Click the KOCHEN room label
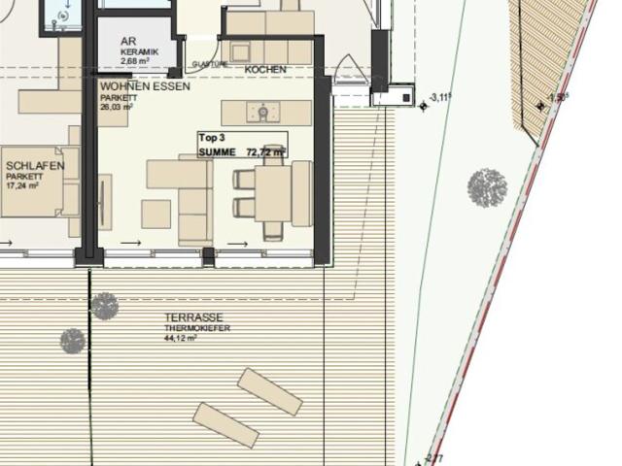[265, 70]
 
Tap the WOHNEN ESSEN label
[145, 85]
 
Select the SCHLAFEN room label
[35, 166]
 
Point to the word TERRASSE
[193, 318]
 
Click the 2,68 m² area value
[138, 61]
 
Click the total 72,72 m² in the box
[265, 152]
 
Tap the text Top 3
[212, 139]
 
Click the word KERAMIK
[140, 51]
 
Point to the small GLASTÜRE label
[210, 64]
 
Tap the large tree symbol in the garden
[487, 187]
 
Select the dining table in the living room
[274, 193]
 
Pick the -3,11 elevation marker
[442, 97]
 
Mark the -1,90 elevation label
[558, 97]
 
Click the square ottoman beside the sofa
[155, 214]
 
